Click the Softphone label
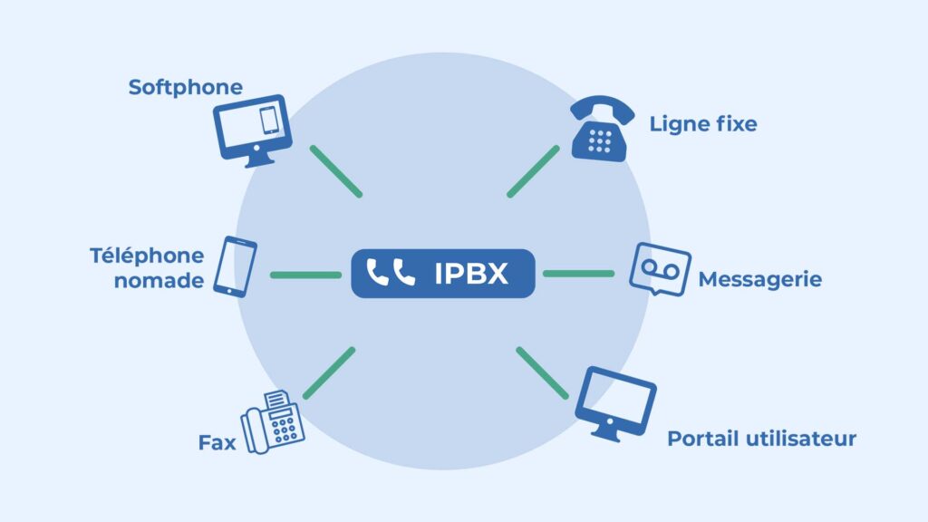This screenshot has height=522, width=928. [186, 87]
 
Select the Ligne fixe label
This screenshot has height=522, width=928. [702, 124]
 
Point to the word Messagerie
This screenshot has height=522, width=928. [759, 279]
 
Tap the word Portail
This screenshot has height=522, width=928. [701, 440]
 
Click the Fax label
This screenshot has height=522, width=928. [217, 444]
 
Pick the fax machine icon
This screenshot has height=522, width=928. [273, 420]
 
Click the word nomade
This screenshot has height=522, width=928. [159, 281]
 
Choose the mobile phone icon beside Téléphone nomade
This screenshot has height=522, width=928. [235, 266]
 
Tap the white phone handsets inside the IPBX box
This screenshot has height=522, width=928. [391, 273]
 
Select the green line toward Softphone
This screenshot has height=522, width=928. [335, 171]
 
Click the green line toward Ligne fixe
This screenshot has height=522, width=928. [533, 171]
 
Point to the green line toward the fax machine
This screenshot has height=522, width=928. [329, 373]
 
